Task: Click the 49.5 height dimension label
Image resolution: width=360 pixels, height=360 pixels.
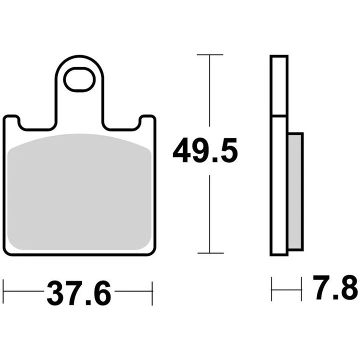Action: pos(205,150)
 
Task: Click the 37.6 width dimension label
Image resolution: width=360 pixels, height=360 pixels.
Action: pos(79,293)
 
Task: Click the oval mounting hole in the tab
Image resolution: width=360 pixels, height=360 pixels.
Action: pos(79,79)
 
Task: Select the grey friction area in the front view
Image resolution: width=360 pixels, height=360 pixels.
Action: pos(79,191)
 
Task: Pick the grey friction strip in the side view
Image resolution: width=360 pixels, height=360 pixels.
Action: pos(295,191)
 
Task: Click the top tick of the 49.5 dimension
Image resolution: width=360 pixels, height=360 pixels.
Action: pos(210,54)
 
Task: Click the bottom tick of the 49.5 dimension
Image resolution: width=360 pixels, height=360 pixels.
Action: pos(210,253)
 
